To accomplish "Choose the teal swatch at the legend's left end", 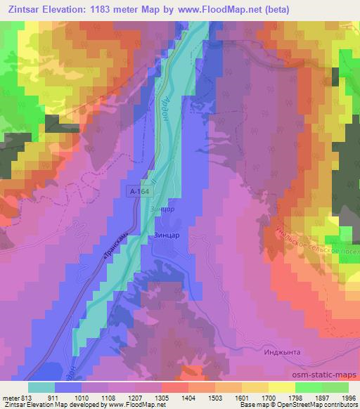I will pos(41,387).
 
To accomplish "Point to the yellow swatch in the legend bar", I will pos(281,387).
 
